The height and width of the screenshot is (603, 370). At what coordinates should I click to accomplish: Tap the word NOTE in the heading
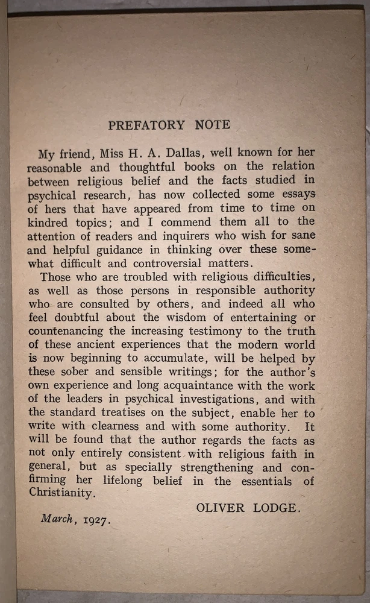coord(213,125)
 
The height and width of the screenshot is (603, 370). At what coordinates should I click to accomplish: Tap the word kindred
coord(48,222)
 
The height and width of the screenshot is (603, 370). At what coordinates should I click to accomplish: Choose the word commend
coord(204,222)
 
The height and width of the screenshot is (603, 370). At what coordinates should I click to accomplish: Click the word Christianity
coord(61,493)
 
